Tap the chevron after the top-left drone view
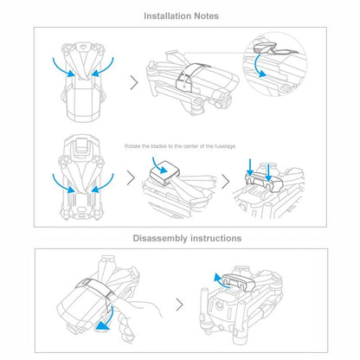point(134,82)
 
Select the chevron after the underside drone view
point(132,182)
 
